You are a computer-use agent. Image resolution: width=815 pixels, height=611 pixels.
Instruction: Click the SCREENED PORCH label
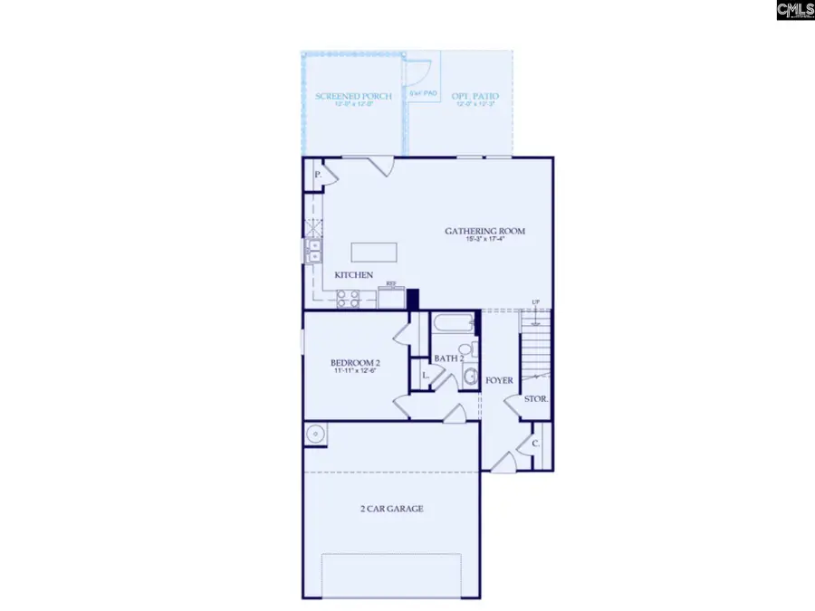click(353, 96)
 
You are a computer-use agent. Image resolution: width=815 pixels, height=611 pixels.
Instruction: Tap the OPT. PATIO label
click(477, 96)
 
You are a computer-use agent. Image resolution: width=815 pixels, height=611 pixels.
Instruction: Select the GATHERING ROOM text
click(484, 231)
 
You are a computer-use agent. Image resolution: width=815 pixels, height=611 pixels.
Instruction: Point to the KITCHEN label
click(354, 274)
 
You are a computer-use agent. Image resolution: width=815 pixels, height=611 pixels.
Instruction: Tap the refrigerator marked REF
click(391, 296)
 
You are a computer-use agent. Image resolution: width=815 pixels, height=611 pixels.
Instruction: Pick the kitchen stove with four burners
click(349, 299)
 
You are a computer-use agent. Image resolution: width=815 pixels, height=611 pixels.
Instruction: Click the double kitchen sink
click(313, 251)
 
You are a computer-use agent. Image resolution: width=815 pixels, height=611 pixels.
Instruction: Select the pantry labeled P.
click(318, 174)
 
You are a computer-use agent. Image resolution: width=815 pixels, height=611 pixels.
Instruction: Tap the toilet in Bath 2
click(465, 350)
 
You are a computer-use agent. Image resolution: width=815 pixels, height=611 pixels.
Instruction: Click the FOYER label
click(500, 381)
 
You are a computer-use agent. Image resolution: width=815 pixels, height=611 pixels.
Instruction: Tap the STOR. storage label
click(536, 398)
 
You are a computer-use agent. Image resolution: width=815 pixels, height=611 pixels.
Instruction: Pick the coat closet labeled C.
click(536, 444)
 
